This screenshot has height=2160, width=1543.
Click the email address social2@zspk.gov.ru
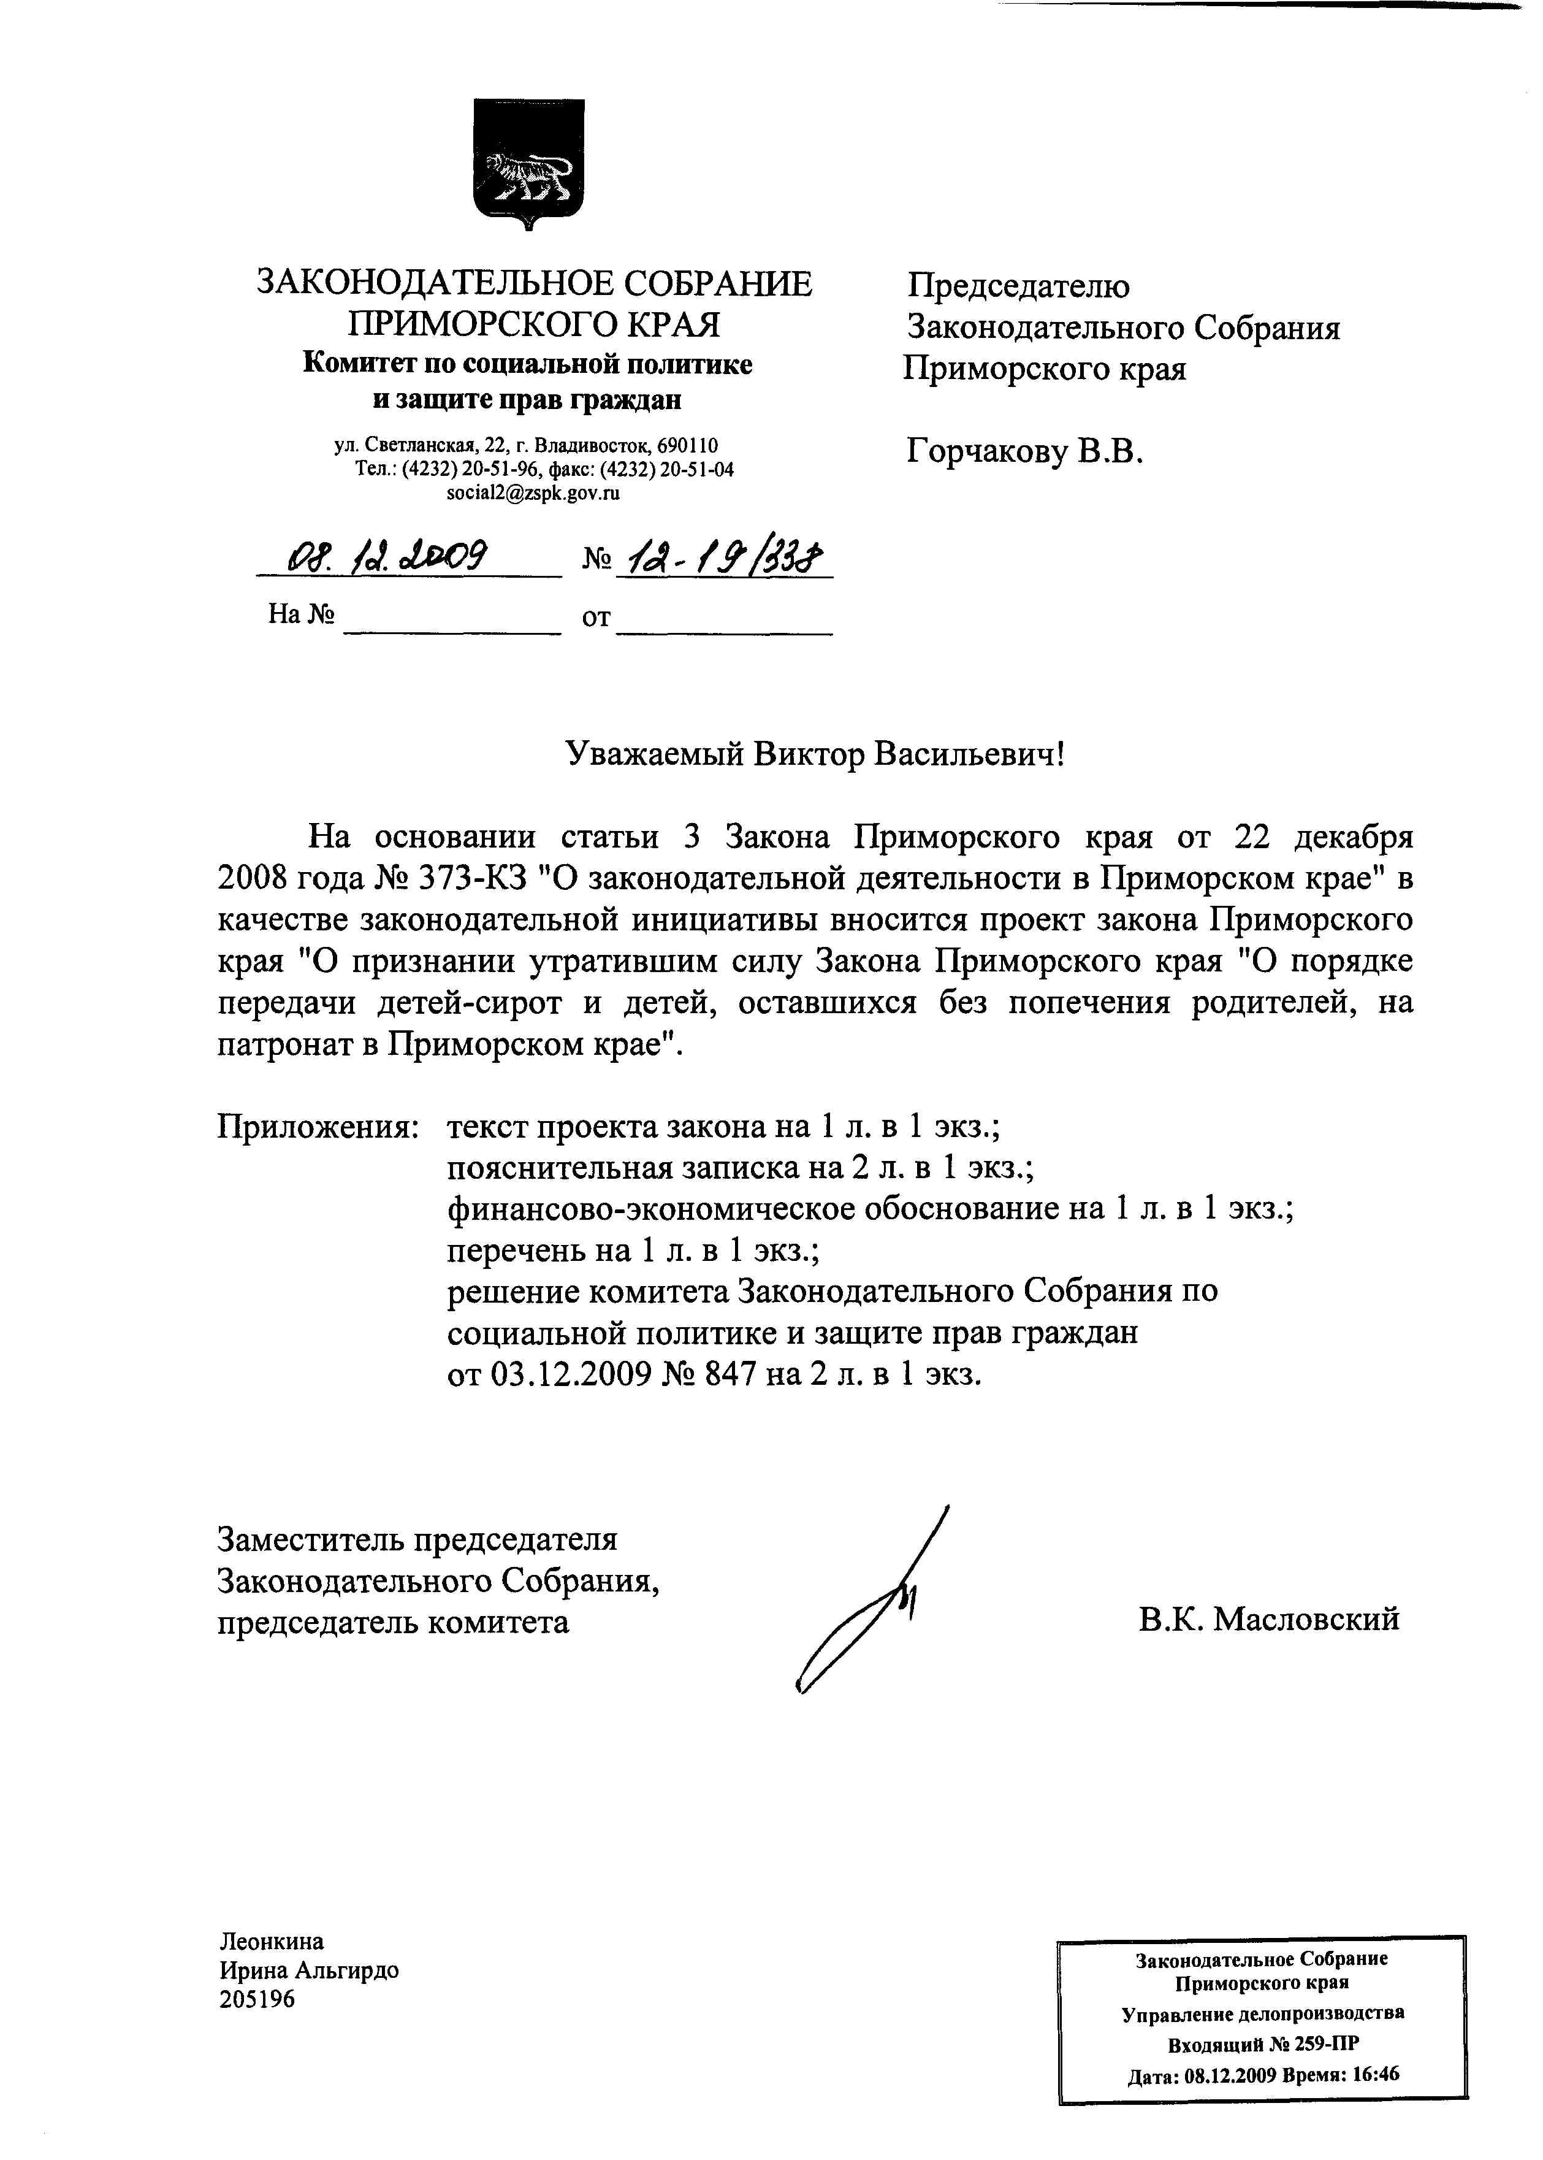click(533, 493)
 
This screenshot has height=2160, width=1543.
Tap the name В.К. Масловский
click(1270, 1618)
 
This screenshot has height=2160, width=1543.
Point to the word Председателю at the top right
click(1018, 286)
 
